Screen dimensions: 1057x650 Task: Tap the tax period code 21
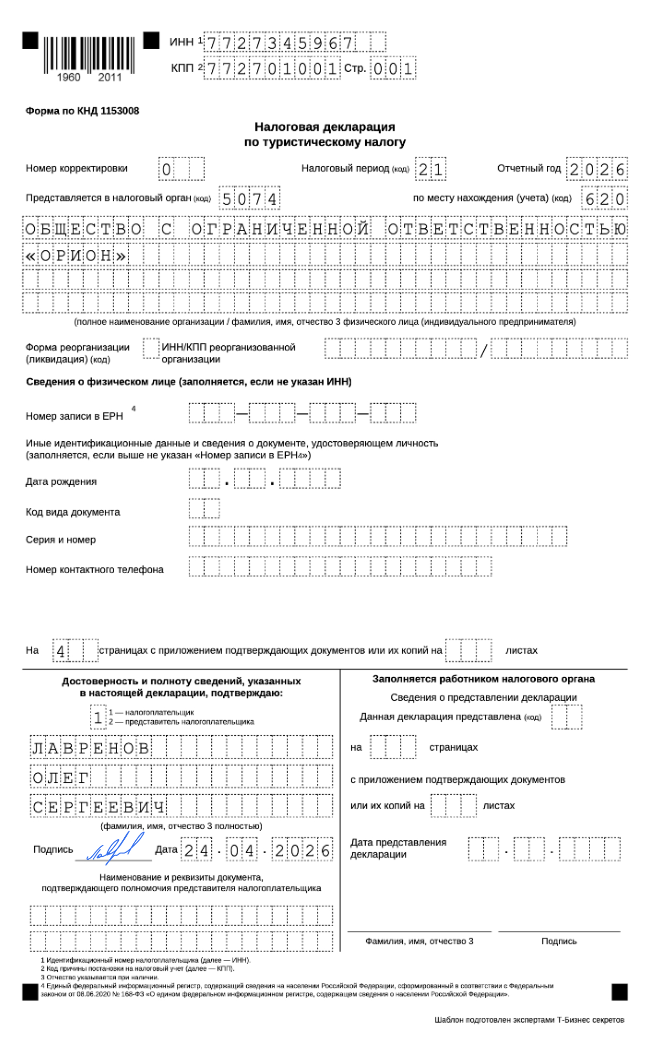[x=430, y=170]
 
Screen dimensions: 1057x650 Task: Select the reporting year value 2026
[x=596, y=170]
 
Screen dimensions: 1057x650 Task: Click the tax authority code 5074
[x=249, y=199]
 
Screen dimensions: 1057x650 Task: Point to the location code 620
[x=604, y=199]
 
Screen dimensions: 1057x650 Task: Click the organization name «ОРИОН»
[x=76, y=256]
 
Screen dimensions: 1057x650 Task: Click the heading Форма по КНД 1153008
[x=82, y=111]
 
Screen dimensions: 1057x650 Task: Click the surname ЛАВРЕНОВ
[x=91, y=748]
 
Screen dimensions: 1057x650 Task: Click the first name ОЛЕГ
[x=60, y=778]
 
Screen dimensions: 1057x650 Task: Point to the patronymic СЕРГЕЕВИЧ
[x=98, y=807]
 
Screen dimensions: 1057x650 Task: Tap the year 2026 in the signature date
[x=302, y=850]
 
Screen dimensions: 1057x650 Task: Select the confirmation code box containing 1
[x=98, y=717]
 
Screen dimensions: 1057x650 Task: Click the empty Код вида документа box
[x=204, y=508]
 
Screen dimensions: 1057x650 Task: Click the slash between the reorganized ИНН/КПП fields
[x=484, y=350]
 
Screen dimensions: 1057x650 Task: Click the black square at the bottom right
[x=619, y=991]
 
